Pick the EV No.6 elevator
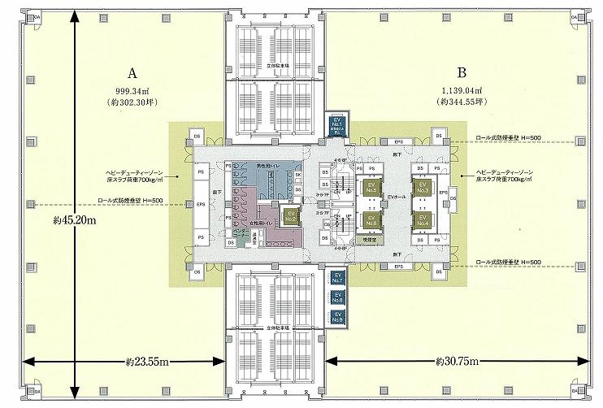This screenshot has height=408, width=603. click(x=371, y=219)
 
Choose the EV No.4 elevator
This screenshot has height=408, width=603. click(x=422, y=219)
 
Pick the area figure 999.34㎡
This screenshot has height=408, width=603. click(x=128, y=91)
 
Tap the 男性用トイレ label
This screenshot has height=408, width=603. click(x=267, y=166)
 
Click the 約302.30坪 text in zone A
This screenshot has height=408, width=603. click(x=128, y=103)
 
